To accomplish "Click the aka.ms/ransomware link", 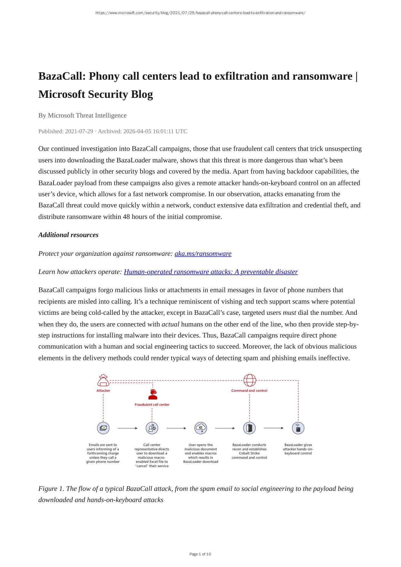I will tap(203, 254).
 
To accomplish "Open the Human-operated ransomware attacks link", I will tap(211, 272).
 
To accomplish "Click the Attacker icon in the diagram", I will tap(103, 380).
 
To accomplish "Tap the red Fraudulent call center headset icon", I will tap(152, 395).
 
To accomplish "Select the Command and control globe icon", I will tap(250, 380).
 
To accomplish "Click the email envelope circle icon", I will tap(103, 428).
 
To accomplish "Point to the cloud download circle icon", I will tap(201, 428).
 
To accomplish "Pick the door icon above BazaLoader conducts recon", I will tap(249, 428).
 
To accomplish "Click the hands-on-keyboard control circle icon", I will tap(298, 428).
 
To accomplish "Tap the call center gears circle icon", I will tap(152, 428).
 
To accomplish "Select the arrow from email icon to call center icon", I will tap(128, 428).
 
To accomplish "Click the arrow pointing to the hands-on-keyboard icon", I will tap(273, 428).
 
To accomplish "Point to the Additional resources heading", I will tap(68, 235).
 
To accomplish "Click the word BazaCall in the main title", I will tap(61, 76).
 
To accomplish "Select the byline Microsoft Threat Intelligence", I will tap(87, 116).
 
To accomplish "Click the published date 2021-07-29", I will tap(79, 131).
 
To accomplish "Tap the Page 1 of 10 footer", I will tap(200, 554).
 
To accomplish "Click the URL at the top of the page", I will tap(200, 13).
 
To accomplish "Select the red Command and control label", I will tap(249, 391).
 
